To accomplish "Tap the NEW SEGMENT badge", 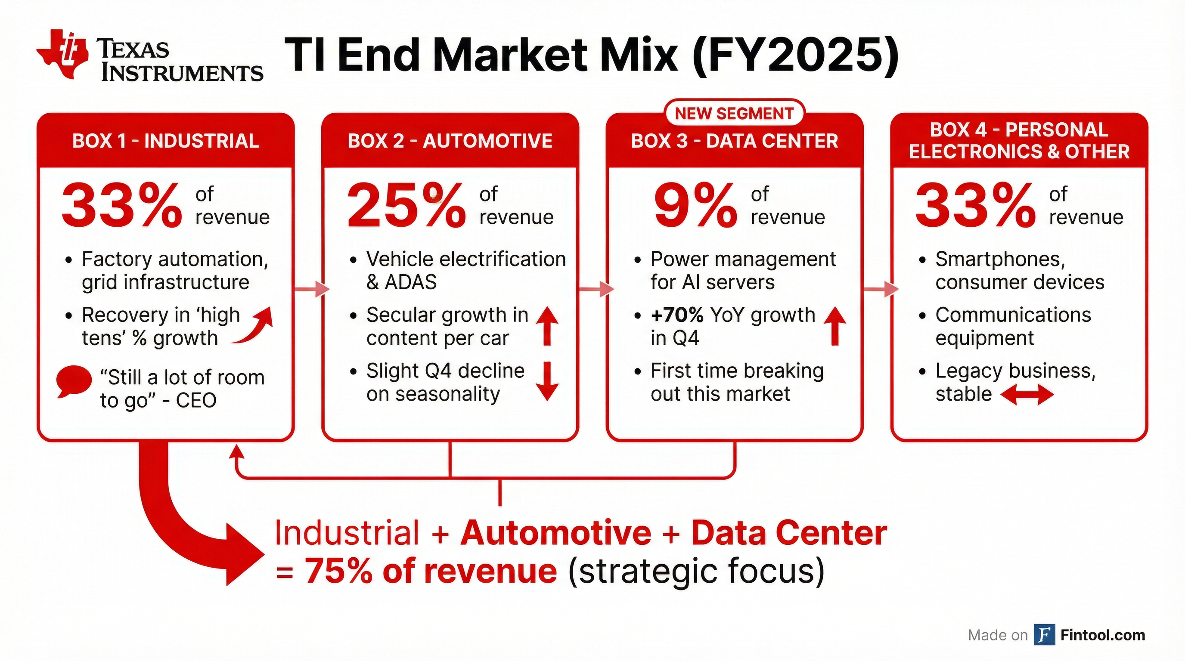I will [x=734, y=113].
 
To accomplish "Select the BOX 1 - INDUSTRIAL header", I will [x=166, y=141].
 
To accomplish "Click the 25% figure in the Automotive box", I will [x=406, y=205].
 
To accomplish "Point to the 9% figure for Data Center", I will [x=695, y=205].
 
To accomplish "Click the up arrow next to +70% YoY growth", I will [x=835, y=326].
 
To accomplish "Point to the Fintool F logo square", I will [x=1044, y=635].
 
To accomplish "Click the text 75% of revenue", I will [x=431, y=571].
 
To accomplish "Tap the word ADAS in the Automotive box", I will [x=410, y=282].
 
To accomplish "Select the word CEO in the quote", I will [x=196, y=400].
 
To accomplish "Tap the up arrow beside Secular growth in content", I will [x=547, y=326].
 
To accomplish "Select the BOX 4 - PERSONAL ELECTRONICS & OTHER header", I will [x=1019, y=141].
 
